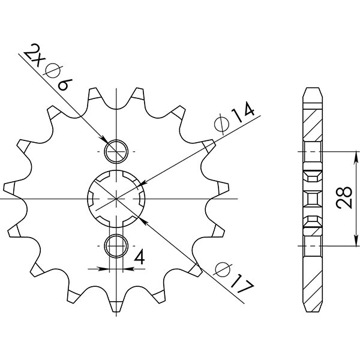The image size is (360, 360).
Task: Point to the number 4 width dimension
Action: click(x=139, y=258)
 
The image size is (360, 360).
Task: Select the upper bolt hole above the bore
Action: click(x=116, y=151)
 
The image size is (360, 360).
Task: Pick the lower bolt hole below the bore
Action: click(x=116, y=244)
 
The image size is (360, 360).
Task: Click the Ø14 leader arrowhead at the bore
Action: click(x=143, y=182)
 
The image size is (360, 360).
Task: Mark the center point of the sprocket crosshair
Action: click(x=116, y=197)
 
